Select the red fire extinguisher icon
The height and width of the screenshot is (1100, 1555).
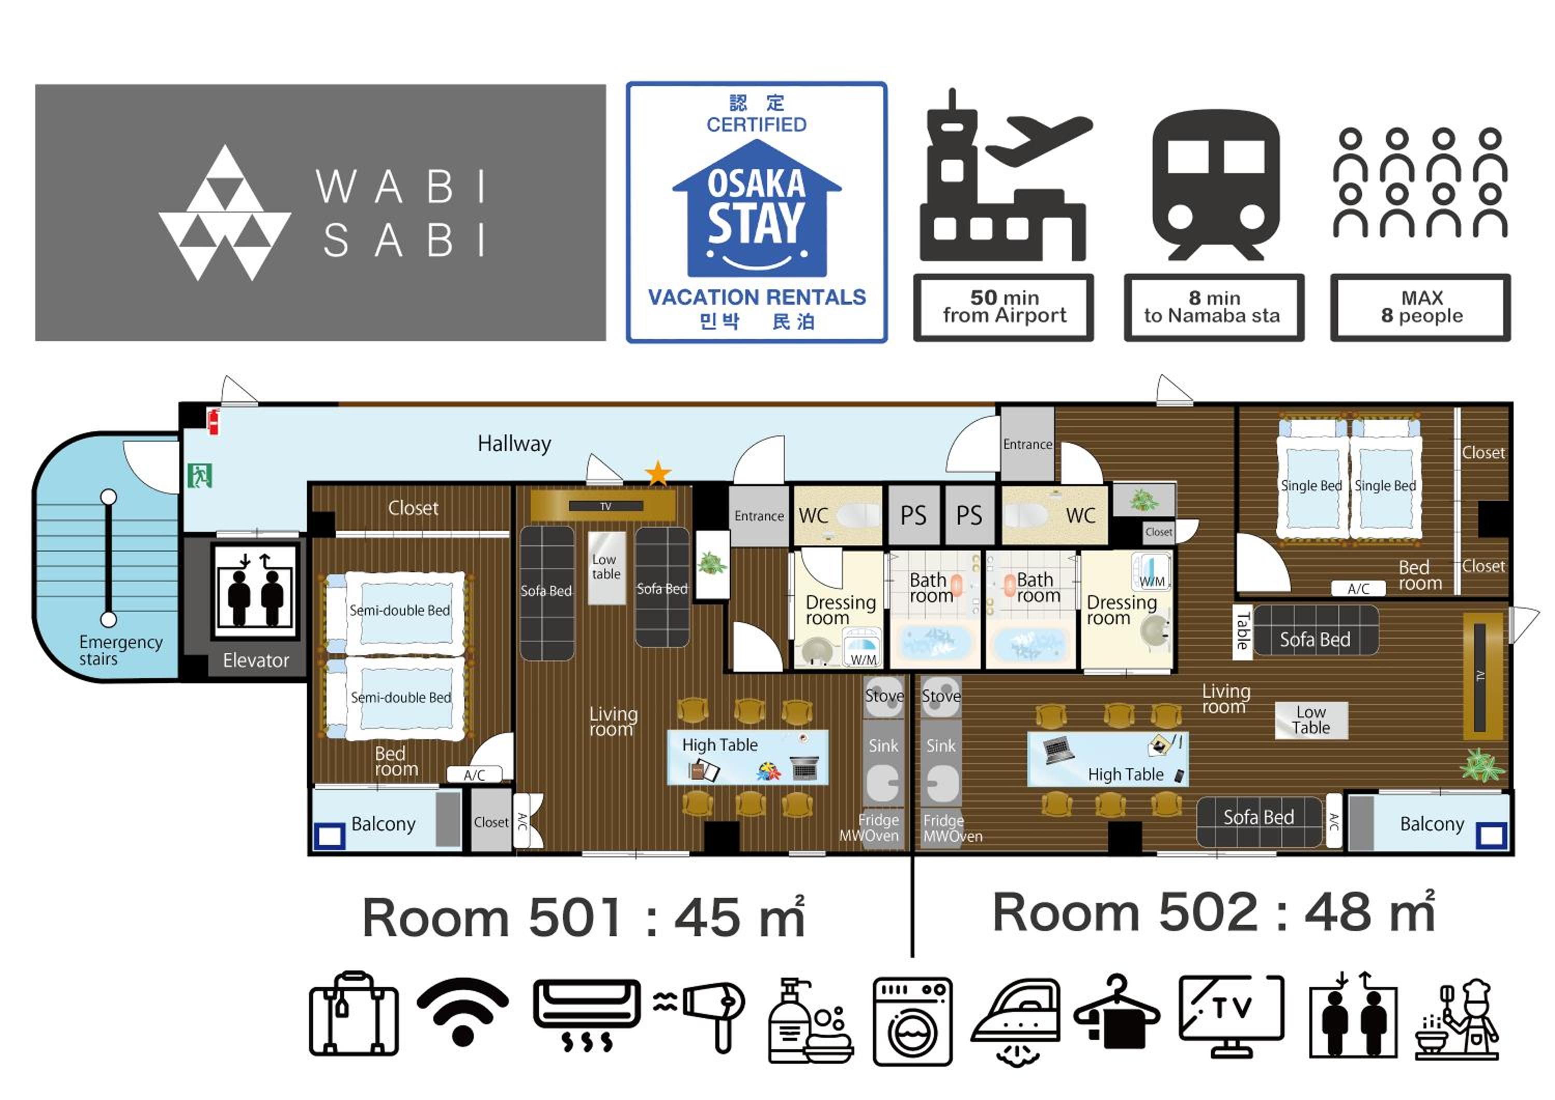(214, 421)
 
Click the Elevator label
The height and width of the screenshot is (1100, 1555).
(256, 660)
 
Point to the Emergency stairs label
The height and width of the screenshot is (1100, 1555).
(121, 650)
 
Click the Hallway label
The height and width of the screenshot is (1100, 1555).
(514, 444)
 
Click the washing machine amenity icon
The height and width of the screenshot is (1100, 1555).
(912, 1021)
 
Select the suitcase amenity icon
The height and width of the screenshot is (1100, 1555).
(354, 1014)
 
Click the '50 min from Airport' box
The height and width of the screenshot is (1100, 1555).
(1003, 307)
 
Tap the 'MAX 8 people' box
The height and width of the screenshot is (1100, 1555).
(1420, 307)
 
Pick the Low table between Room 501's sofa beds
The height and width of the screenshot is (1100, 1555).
(606, 568)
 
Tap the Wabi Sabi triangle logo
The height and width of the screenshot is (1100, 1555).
(225, 213)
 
